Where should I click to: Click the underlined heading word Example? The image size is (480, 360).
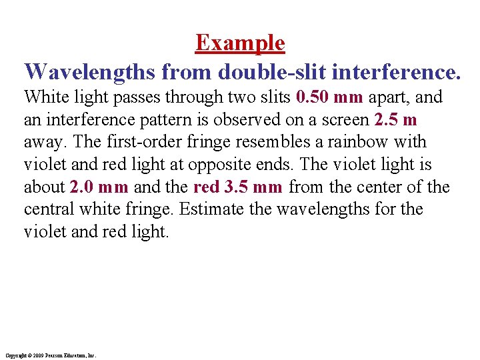point(240,43)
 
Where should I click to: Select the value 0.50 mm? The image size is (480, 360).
point(329,97)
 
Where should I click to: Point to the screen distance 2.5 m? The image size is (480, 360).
point(396,120)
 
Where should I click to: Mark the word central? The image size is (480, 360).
point(48,210)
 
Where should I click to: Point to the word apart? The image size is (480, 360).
point(389,97)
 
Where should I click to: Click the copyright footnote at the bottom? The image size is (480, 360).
point(50,355)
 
